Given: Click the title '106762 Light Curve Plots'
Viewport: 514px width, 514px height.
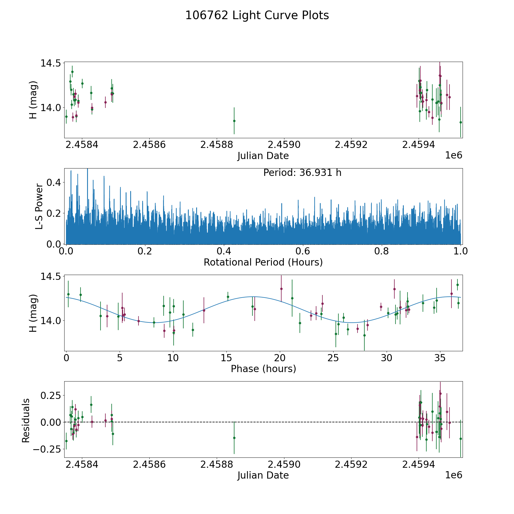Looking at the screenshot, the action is point(257,15).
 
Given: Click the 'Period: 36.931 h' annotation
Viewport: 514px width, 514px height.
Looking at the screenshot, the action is point(302,173).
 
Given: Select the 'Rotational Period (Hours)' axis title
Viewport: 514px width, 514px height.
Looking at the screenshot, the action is point(263,262).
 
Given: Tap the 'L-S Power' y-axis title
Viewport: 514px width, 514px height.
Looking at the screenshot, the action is point(39,206).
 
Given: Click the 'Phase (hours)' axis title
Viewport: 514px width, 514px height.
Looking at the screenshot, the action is point(263,369).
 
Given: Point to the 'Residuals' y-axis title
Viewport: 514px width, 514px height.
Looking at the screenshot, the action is point(26,421).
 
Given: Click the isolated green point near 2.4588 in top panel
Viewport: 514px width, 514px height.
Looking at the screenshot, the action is point(234,121).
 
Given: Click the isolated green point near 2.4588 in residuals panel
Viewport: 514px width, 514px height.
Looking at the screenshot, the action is point(234,438).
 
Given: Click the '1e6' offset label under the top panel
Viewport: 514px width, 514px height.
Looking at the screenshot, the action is point(454,155).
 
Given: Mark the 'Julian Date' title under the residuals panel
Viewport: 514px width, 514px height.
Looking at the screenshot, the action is point(263,475).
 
